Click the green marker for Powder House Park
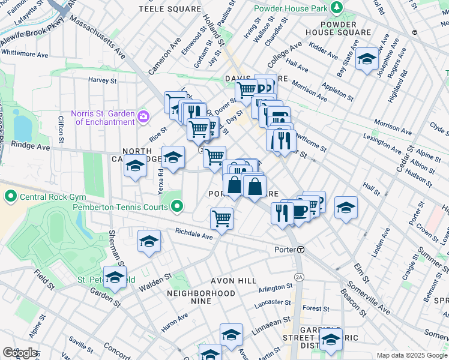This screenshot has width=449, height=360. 337,8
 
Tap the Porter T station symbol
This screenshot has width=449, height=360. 301,250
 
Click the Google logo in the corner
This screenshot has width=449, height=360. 20,353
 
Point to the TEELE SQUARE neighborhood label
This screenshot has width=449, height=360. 170,9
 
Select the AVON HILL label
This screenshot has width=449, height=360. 234,281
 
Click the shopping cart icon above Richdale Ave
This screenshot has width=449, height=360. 221,218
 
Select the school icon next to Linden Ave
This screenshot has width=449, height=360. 346,208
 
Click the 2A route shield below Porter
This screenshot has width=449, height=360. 300,277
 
